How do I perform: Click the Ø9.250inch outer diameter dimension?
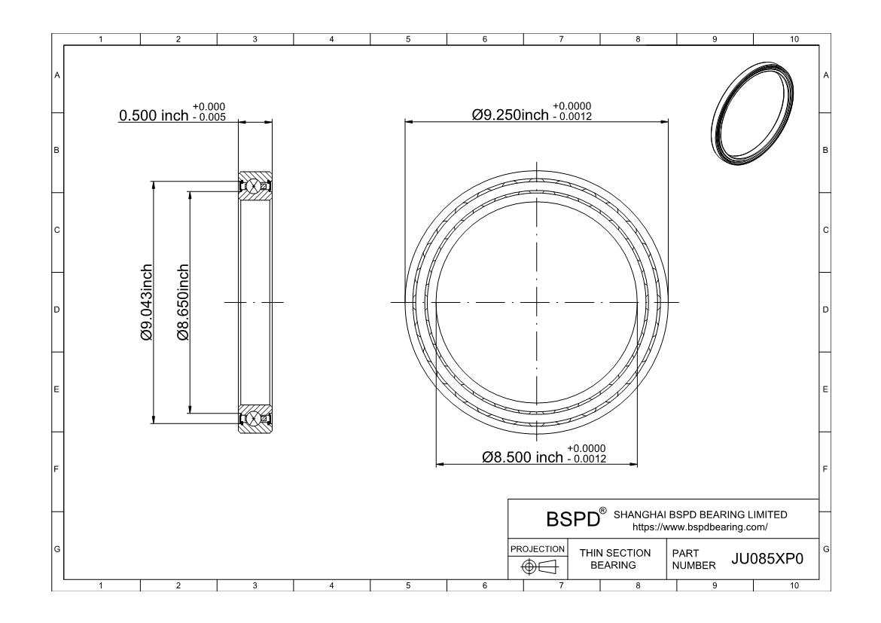coord(511,115)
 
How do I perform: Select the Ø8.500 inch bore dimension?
coord(523,457)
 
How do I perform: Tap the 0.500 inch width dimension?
coord(154,115)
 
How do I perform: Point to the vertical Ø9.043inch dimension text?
coord(146,303)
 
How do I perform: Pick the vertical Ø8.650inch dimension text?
coord(183,303)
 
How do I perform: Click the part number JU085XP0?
coord(767,559)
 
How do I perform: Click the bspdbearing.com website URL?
coord(700,527)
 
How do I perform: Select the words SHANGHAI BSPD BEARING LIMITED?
coord(700,515)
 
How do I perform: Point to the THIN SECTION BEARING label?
coord(614,559)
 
